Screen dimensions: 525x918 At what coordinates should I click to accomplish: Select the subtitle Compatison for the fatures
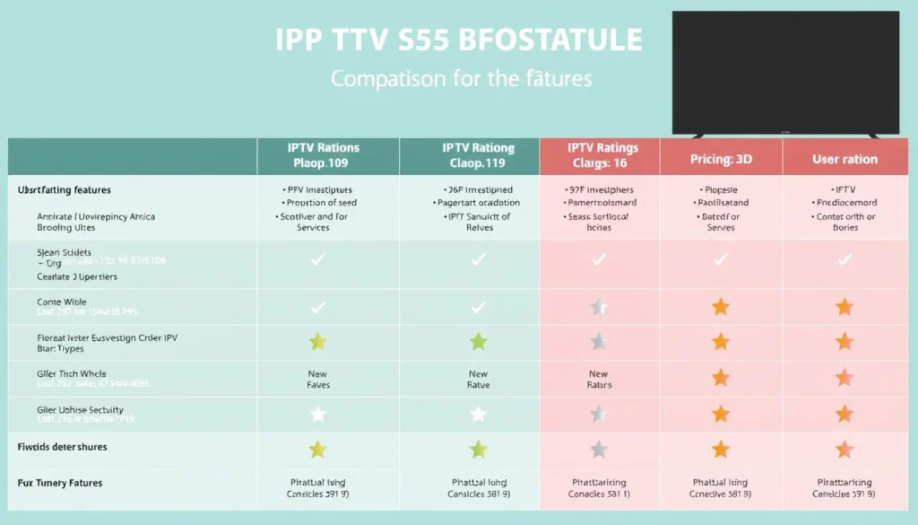[461, 79]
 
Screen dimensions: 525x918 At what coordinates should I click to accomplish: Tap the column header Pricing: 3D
[721, 159]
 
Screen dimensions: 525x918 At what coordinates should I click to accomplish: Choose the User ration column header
[844, 159]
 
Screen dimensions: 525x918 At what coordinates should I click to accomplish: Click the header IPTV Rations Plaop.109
[324, 156]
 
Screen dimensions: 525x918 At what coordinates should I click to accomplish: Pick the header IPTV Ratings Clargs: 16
[599, 156]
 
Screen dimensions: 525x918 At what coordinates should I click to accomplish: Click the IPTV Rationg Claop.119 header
[478, 156]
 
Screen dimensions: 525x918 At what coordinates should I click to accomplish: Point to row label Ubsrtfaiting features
[65, 190]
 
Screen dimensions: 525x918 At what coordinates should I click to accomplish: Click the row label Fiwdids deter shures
[62, 446]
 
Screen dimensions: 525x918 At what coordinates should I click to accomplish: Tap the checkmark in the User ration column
[844, 259]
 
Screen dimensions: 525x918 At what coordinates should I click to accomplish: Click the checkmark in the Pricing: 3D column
[720, 259]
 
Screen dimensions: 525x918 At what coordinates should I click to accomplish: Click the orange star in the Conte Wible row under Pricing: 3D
[720, 307]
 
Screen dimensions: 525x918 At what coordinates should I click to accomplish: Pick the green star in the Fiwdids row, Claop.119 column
[479, 449]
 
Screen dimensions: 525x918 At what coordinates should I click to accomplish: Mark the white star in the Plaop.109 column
[317, 414]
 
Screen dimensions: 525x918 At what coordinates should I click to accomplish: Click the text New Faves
[317, 380]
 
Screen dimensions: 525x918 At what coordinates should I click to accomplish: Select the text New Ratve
[478, 380]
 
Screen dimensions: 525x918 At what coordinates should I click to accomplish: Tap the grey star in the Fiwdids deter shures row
[599, 449]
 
